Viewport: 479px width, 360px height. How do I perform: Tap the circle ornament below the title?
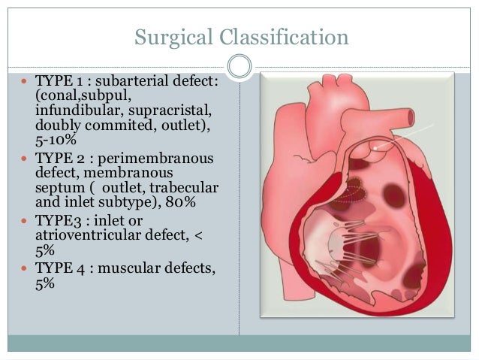pyautogui.click(x=239, y=66)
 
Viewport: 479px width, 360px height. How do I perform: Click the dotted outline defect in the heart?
pyautogui.click(x=348, y=188)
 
